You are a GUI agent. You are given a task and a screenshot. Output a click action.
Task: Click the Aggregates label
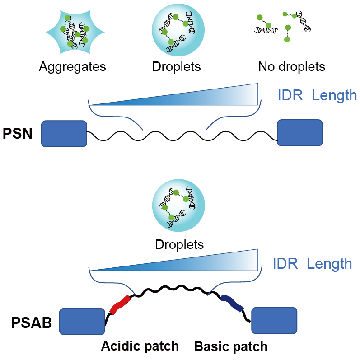72,67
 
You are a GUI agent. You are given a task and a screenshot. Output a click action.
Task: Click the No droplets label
291,67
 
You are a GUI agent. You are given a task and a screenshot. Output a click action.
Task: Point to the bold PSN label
18,134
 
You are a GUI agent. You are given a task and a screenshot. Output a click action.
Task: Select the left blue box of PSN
64,134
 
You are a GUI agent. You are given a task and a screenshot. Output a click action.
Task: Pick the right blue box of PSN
300,133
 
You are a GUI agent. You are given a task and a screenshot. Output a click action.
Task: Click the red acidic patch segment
121,305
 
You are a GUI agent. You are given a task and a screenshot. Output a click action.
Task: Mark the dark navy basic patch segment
232,303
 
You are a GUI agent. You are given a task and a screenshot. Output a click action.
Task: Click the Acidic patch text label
140,346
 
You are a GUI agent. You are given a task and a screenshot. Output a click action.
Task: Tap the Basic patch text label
231,347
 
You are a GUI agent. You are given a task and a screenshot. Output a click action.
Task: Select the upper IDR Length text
316,95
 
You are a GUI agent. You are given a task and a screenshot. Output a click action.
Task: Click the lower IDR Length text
312,264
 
